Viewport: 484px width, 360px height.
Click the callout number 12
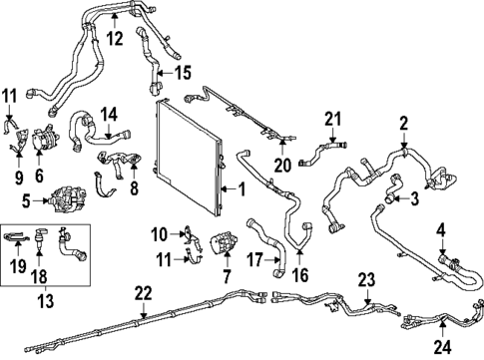point(115,39)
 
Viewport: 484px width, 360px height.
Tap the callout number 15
point(183,73)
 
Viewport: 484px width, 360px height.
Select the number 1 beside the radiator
point(242,189)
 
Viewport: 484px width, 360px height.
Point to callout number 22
point(144,294)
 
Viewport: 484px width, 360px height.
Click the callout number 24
point(443,347)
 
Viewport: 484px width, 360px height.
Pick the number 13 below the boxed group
point(45,301)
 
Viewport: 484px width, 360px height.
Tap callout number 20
point(282,166)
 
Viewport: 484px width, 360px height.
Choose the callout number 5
point(26,201)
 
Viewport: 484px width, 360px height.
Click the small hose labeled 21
point(322,153)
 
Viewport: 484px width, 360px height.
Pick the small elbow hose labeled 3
point(393,188)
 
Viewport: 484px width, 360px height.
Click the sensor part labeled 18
point(40,236)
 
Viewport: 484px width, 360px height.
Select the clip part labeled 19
point(17,237)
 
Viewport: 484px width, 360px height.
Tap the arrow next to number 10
point(176,234)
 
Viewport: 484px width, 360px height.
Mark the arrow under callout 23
point(367,296)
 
